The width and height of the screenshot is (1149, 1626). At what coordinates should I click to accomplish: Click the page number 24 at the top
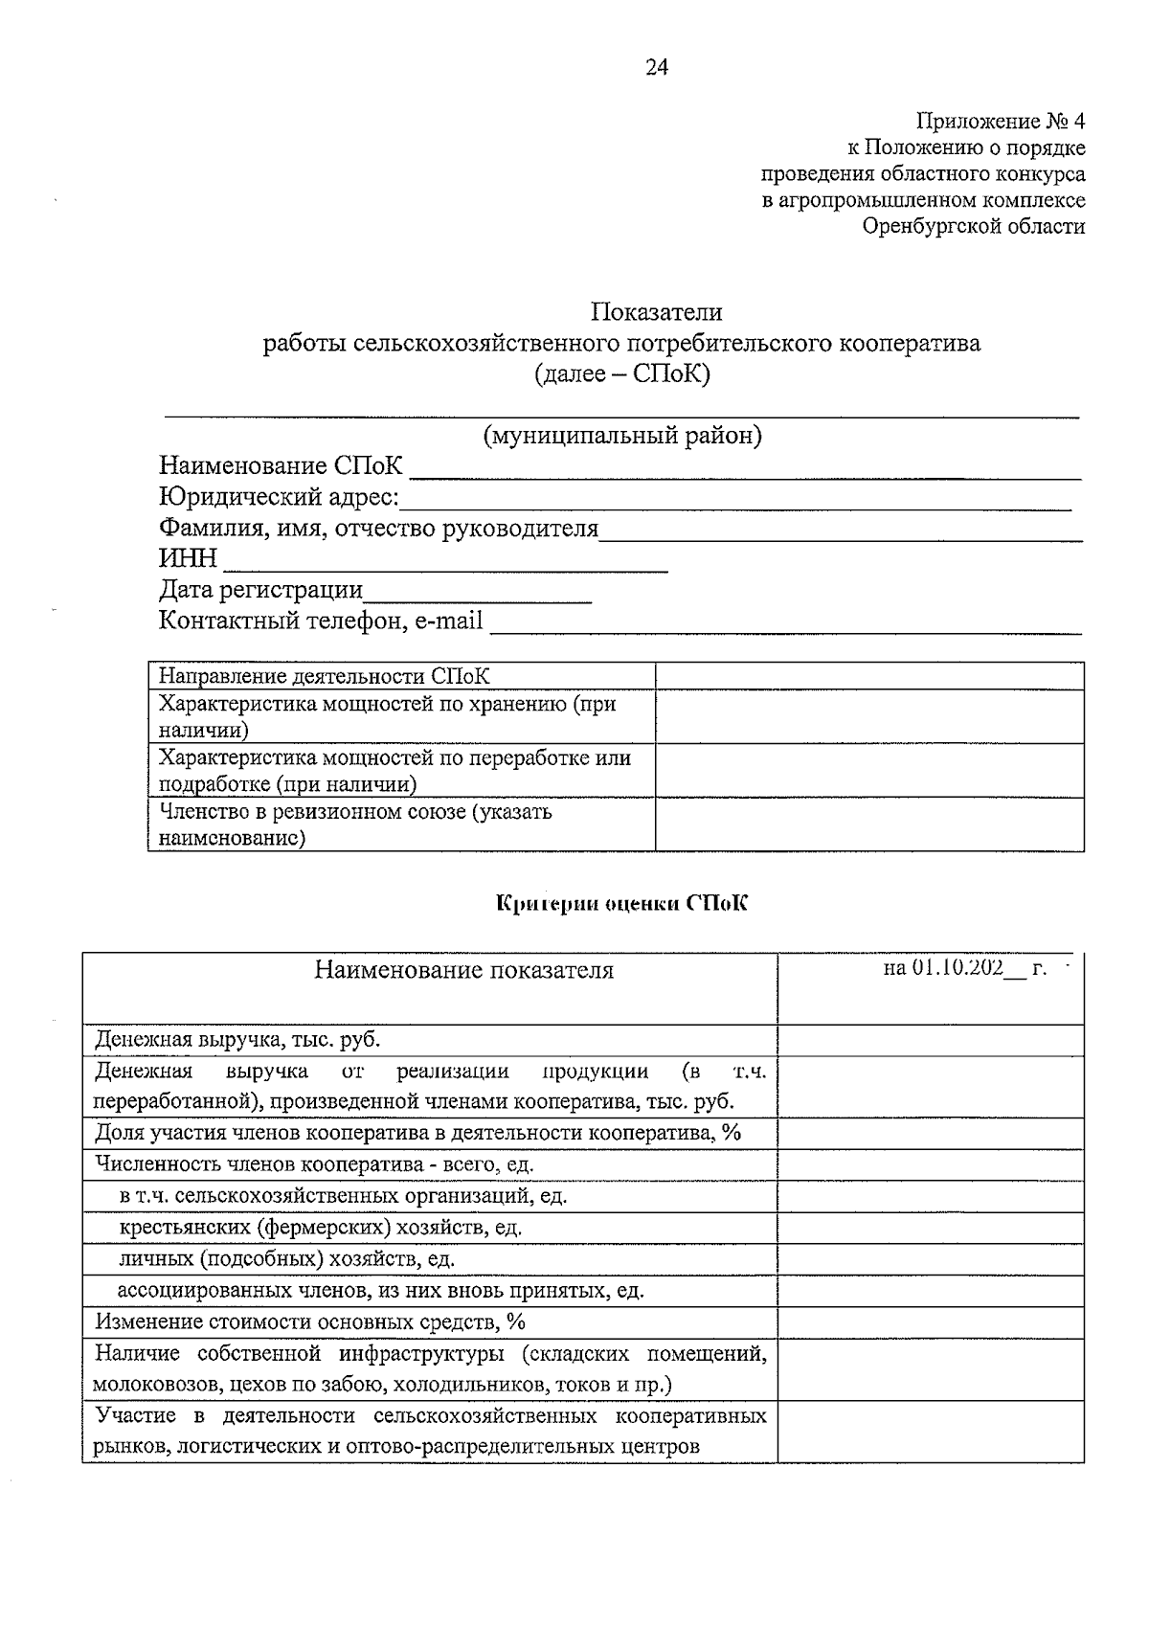point(657,67)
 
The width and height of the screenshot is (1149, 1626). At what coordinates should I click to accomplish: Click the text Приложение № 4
point(1001,122)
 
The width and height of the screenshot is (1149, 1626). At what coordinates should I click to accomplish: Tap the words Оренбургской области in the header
point(973,227)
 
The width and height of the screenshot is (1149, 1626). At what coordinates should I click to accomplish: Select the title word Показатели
point(656,312)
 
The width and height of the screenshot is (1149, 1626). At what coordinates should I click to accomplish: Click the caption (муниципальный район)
point(622,436)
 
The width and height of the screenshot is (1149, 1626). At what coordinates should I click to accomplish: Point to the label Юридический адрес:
point(279,498)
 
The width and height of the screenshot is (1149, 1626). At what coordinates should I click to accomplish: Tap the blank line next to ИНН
point(444,562)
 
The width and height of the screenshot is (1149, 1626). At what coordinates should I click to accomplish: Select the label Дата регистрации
point(260,590)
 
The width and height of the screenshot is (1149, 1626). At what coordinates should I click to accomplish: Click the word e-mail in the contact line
point(449,621)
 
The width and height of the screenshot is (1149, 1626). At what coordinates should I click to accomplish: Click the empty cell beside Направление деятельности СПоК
point(868,676)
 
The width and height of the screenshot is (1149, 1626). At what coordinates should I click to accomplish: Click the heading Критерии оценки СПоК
point(621,903)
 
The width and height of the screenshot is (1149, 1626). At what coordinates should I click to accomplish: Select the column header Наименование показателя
point(464,971)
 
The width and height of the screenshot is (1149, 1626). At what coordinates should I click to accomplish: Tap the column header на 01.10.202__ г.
point(964,968)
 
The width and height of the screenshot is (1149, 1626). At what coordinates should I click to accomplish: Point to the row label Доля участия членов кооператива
point(418,1133)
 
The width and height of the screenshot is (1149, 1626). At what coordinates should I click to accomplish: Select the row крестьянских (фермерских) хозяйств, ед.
point(321,1228)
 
